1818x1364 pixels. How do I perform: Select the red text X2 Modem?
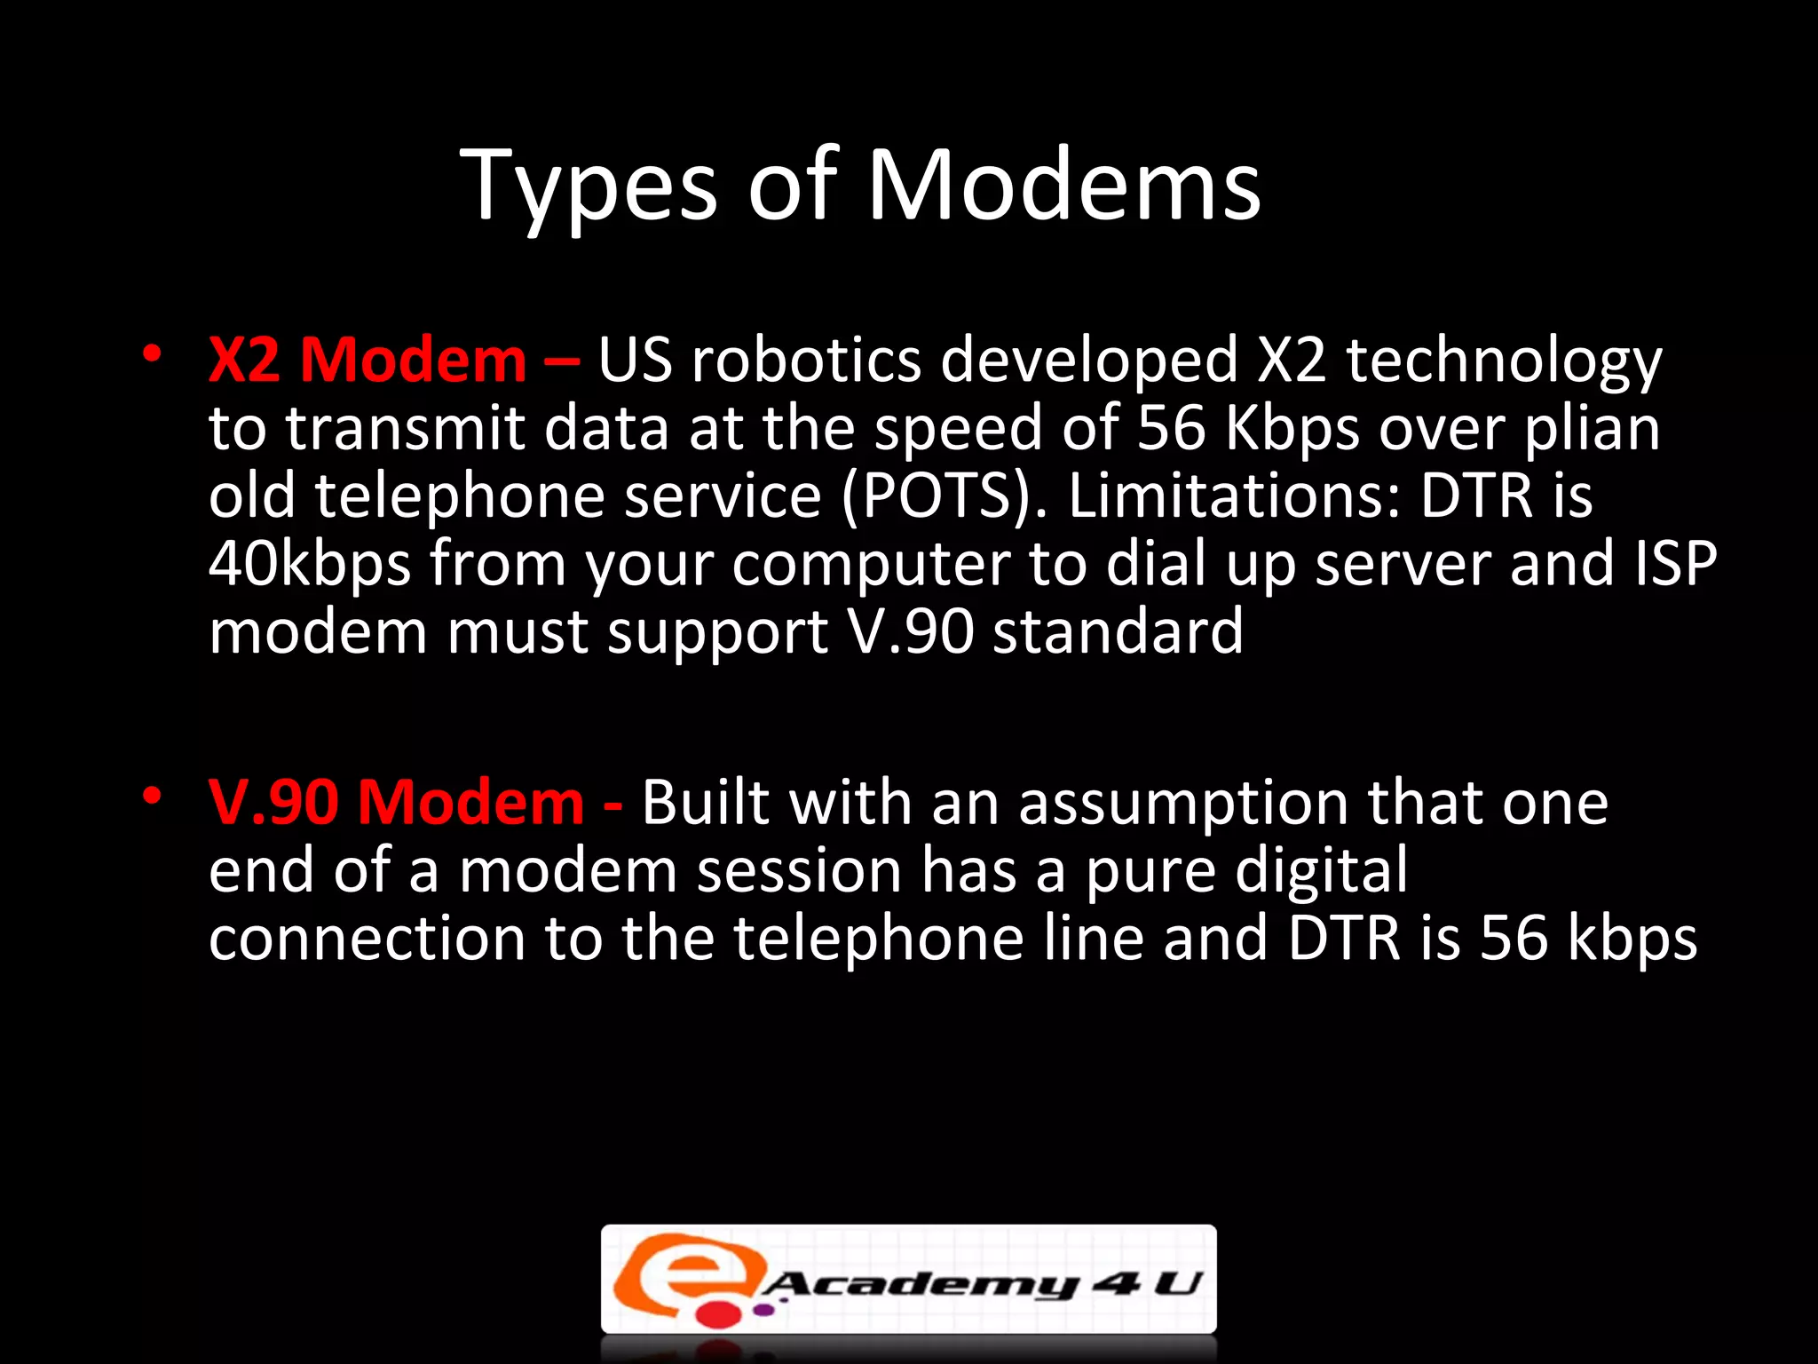tap(368, 361)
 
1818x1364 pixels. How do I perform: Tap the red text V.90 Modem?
tap(396, 803)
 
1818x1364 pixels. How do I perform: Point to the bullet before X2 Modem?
tap(153, 353)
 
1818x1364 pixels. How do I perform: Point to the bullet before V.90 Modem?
tap(153, 796)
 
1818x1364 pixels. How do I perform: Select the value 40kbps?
tap(310, 565)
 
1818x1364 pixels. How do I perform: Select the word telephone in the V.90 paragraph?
tap(878, 939)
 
